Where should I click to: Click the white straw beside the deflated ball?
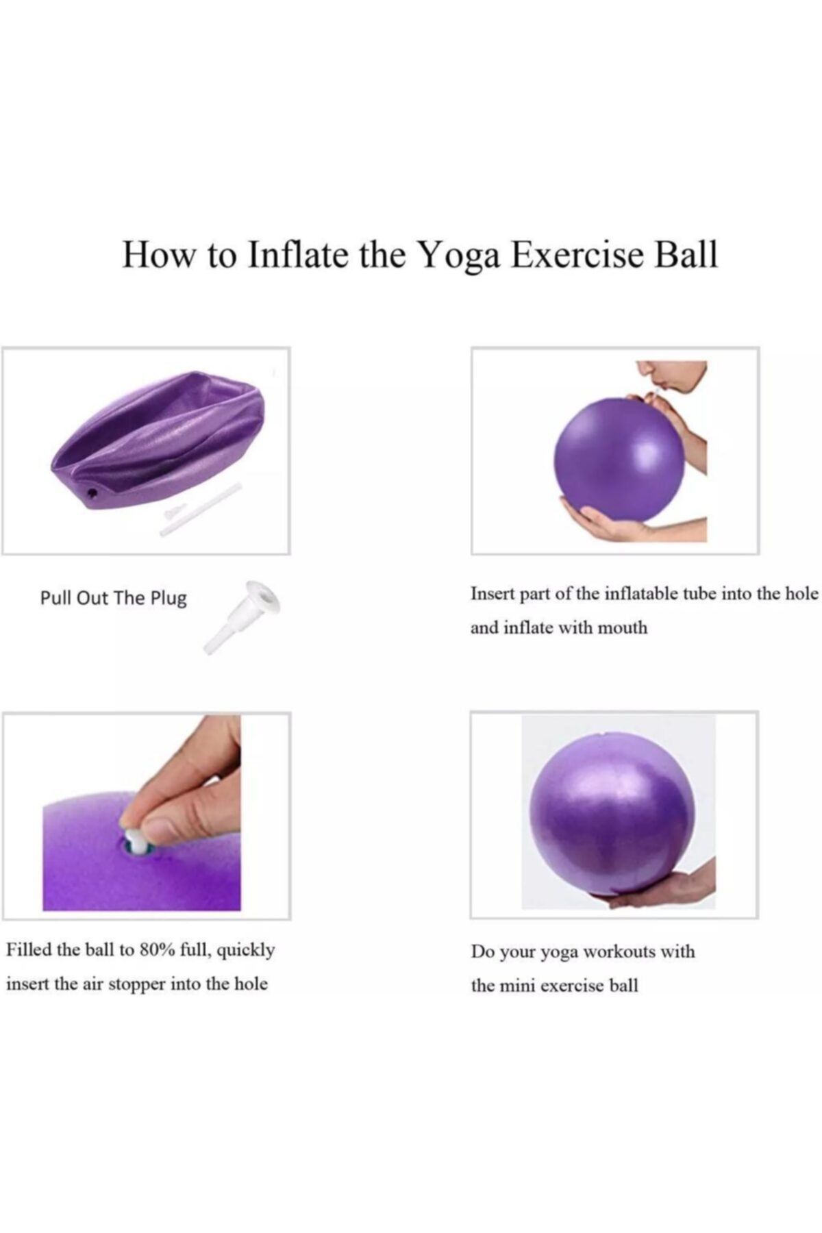201,509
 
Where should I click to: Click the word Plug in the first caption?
169,599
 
